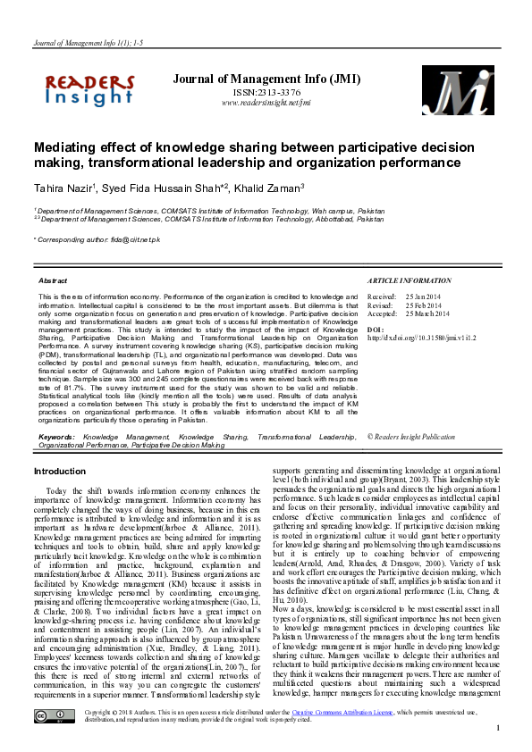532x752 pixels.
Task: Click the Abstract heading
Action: point(53,280)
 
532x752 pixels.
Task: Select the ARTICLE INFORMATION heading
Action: point(410,280)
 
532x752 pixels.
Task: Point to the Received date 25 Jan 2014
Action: point(424,296)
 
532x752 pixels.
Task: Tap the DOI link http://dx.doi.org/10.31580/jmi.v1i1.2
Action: point(424,338)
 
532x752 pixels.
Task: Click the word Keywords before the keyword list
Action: point(56,437)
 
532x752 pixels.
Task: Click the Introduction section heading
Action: point(60,471)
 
